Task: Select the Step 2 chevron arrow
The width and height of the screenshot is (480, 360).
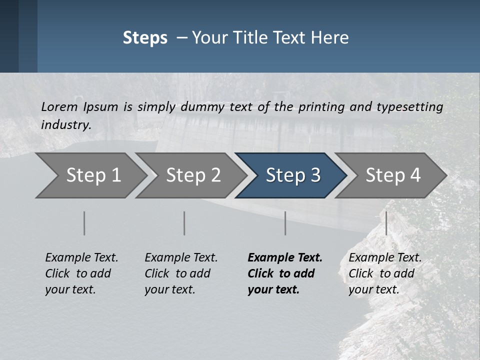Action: click(192, 175)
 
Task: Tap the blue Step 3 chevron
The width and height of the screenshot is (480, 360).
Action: click(292, 175)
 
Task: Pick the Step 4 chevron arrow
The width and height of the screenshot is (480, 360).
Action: click(392, 175)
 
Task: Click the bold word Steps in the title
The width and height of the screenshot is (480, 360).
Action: click(145, 38)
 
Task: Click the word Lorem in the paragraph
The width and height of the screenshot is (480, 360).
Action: click(59, 107)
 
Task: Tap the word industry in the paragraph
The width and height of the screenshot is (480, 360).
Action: click(66, 125)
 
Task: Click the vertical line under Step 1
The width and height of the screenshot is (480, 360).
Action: click(84, 223)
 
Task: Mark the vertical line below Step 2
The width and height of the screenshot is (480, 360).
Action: click(184, 223)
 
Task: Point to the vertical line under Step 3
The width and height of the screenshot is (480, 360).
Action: click(285, 223)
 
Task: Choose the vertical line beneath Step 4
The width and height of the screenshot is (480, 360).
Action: click(386, 223)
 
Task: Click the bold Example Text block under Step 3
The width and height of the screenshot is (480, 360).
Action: click(284, 273)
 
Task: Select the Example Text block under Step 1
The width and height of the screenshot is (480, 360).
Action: click(81, 273)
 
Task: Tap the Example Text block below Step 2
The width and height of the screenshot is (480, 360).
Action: click(181, 273)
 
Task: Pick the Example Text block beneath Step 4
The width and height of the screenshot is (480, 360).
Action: click(385, 273)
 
